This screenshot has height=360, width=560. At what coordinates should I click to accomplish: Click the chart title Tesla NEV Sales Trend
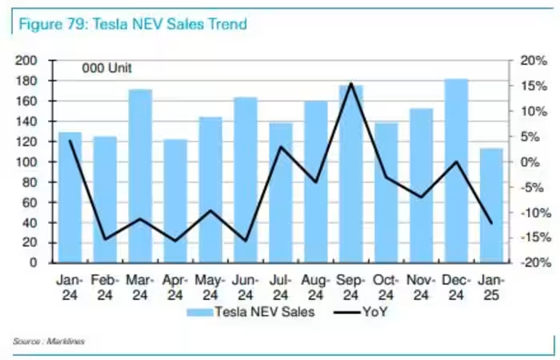[x=133, y=24]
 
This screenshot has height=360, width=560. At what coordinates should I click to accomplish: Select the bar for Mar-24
[x=140, y=176]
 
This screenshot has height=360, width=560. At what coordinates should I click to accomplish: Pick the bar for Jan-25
[x=491, y=206]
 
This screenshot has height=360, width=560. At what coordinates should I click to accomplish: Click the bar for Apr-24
[x=175, y=201]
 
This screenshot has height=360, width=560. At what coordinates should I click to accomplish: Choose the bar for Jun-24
[x=246, y=180]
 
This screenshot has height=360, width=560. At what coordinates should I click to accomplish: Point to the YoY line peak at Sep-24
[x=351, y=84]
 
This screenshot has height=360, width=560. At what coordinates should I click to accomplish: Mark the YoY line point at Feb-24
[x=105, y=238]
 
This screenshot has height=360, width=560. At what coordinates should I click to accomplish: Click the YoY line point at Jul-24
[x=281, y=146]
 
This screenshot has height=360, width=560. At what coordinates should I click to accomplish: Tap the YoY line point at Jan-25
[x=491, y=223]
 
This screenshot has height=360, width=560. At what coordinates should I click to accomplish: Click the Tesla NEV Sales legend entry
[x=252, y=312]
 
